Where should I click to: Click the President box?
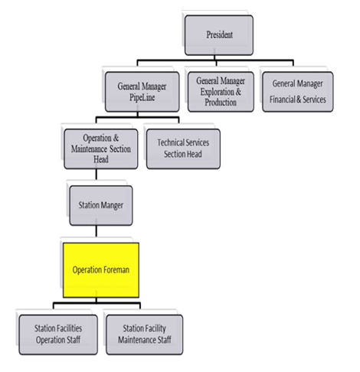pyautogui.click(x=219, y=35)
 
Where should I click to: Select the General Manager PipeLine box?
pyautogui.click(x=145, y=91)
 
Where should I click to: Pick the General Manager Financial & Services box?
pyautogui.click(x=299, y=91)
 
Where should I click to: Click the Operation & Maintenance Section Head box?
pyautogui.click(x=102, y=147)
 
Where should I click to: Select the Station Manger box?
pyautogui.click(x=101, y=205)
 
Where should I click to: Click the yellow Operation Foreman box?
pyautogui.click(x=101, y=270)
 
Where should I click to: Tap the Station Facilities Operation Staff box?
pyautogui.click(x=58, y=334)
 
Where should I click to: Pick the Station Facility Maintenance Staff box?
pyautogui.click(x=145, y=334)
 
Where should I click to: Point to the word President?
pyautogui.click(x=219, y=35)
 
